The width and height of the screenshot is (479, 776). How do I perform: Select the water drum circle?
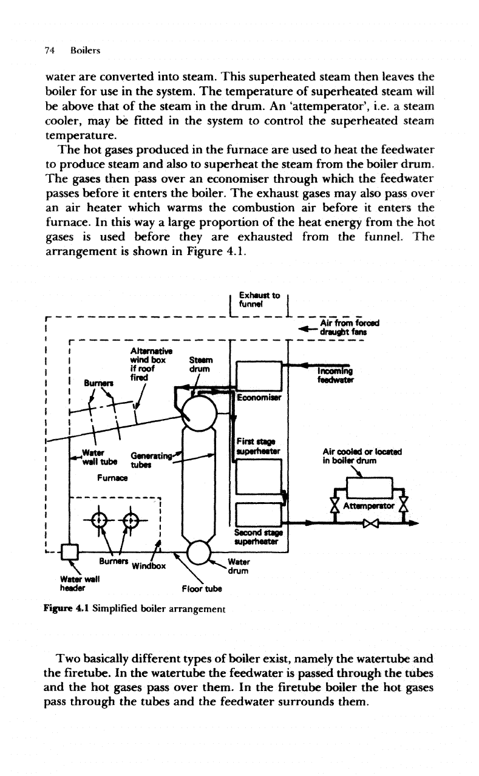click(x=200, y=538)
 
